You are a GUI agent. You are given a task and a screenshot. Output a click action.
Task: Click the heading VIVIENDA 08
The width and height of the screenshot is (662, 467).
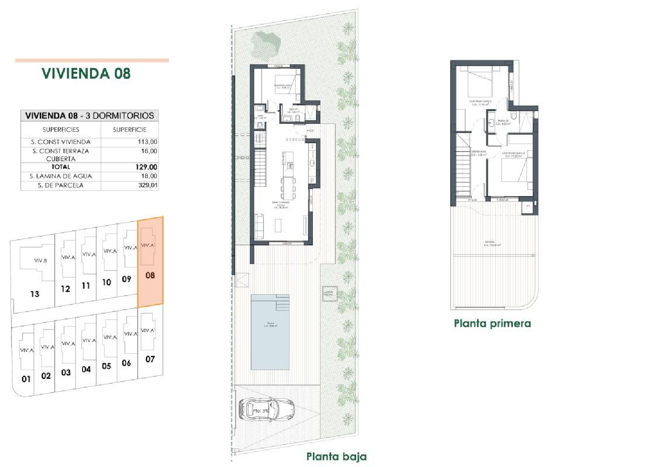[86, 73]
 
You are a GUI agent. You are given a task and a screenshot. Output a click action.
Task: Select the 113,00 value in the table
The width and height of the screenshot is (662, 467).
[147, 142]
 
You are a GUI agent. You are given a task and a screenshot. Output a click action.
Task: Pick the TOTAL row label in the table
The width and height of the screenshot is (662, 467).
[60, 167]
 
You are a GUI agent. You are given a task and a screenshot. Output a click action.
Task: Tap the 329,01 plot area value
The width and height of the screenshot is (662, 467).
[147, 185]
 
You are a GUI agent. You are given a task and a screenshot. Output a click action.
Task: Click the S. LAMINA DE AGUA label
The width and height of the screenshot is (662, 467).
[60, 176]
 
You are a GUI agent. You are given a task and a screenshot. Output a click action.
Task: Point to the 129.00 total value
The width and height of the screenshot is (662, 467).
[147, 167]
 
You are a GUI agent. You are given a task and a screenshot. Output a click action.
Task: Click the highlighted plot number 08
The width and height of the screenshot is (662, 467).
[150, 275]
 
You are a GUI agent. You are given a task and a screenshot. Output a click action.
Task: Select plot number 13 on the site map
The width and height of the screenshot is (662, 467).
[35, 294]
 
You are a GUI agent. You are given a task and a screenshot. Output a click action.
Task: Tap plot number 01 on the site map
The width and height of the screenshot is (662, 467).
[26, 379]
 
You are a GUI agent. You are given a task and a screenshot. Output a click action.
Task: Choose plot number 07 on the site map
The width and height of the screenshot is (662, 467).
[150, 359]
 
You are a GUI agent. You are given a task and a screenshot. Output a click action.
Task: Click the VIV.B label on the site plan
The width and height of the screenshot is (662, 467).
[40, 260]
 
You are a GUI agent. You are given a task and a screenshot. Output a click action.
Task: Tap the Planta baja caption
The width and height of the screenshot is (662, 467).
[336, 456]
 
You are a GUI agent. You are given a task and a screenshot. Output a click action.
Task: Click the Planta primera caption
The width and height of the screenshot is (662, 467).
[492, 323]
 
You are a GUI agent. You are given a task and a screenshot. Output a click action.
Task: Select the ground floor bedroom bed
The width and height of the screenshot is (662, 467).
[282, 85]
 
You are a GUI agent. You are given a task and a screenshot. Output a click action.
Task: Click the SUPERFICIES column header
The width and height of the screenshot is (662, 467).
[60, 130]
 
